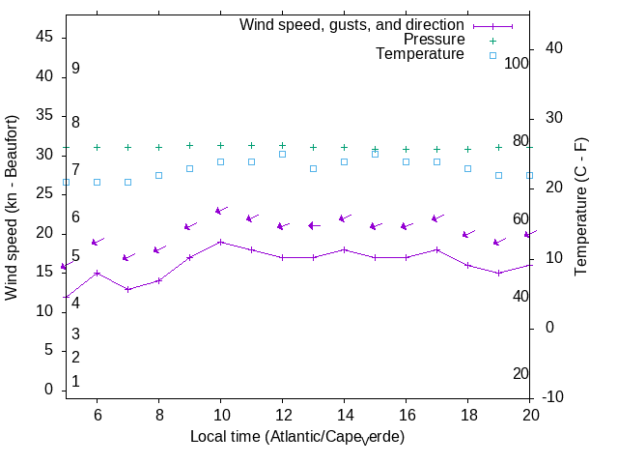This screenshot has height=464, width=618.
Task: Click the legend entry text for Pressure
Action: (x=434, y=40)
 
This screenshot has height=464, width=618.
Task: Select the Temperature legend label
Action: (x=420, y=54)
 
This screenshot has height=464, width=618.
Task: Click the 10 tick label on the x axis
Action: (x=220, y=413)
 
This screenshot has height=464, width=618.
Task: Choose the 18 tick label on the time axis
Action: (x=467, y=413)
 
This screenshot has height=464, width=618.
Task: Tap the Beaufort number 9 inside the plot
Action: (x=75, y=69)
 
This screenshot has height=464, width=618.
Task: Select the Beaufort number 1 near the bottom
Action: (x=75, y=382)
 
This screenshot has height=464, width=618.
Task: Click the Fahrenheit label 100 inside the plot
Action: (x=517, y=63)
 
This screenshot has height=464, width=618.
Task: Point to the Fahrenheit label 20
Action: (x=520, y=374)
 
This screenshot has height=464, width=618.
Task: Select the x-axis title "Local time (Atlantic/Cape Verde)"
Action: (x=296, y=437)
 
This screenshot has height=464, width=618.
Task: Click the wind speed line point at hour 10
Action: (x=220, y=242)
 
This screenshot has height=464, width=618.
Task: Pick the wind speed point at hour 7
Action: (x=127, y=289)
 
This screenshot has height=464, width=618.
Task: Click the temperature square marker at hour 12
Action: (x=282, y=154)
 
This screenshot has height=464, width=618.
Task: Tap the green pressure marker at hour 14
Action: (x=344, y=147)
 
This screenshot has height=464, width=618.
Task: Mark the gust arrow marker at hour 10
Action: (x=220, y=210)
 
